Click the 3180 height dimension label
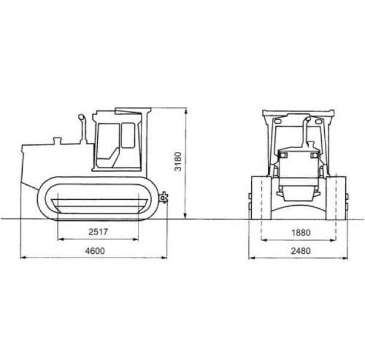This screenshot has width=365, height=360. point(178,161)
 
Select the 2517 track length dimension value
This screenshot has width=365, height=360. point(98,232)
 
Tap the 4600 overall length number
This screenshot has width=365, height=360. point(95,251)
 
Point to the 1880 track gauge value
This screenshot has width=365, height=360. point(301,233)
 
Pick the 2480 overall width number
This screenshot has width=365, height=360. point(301,251)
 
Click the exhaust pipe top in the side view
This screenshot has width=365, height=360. point(82,117)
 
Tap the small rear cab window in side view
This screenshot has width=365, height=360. point(128,136)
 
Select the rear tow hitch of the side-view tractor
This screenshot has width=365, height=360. point(164,197)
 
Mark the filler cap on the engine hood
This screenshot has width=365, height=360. point(57,141)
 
